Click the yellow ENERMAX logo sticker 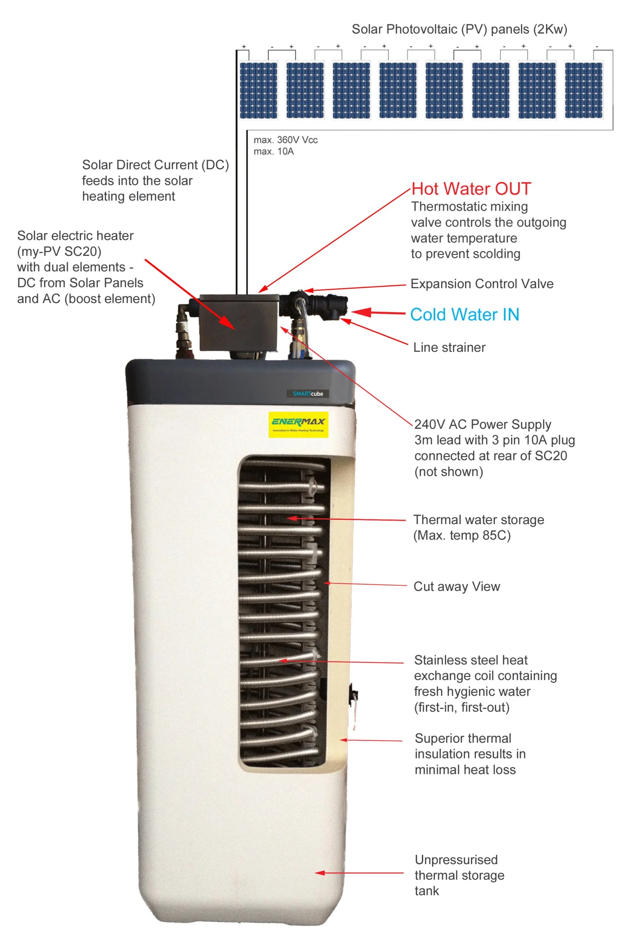[298, 424]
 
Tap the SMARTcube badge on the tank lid [308, 394]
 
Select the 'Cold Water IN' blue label [464, 315]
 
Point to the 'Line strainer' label [449, 347]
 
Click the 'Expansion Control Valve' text [482, 284]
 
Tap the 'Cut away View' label [457, 586]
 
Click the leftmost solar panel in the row [258, 90]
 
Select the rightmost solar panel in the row [583, 90]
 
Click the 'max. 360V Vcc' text [285, 140]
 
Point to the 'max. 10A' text [273, 152]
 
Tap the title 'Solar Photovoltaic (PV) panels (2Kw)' [459, 29]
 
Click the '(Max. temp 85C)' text [461, 536]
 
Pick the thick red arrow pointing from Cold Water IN [378, 312]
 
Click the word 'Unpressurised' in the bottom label [456, 860]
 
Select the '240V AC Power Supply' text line [482, 424]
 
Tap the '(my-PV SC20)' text [59, 251]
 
